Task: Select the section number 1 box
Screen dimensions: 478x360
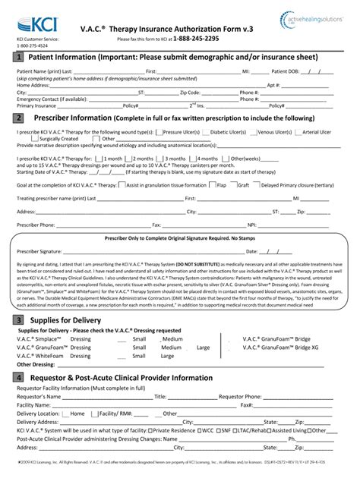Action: point(17,58)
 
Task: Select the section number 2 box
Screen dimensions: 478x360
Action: point(17,118)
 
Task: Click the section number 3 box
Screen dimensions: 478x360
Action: point(17,320)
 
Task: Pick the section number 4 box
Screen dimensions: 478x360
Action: point(17,376)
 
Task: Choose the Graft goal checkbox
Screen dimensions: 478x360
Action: point(234,184)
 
